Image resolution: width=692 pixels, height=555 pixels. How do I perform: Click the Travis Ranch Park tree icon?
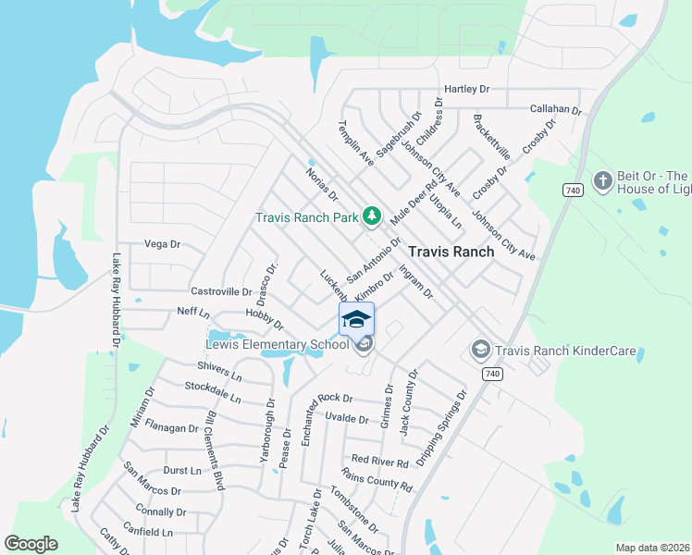click(x=372, y=216)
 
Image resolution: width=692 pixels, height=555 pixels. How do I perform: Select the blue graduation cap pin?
click(x=357, y=319)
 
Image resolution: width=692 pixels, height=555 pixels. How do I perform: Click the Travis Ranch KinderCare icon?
click(x=480, y=349)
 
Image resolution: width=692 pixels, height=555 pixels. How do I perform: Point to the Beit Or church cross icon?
click(x=603, y=181)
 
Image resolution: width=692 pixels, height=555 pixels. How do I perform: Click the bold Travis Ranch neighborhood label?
click(x=451, y=251)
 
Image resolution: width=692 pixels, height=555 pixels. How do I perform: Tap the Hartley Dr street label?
click(x=466, y=89)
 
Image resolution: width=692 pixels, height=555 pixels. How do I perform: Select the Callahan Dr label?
click(x=555, y=109)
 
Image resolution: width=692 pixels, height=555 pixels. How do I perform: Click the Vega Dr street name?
click(x=162, y=244)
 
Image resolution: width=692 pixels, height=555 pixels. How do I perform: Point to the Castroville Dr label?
click(x=221, y=290)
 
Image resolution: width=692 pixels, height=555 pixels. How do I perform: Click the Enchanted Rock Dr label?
click(x=321, y=398)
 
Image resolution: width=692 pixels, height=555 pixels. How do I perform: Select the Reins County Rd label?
click(x=377, y=479)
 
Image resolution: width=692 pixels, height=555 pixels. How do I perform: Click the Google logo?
click(x=31, y=544)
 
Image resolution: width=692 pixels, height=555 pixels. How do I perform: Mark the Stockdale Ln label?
click(x=212, y=392)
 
